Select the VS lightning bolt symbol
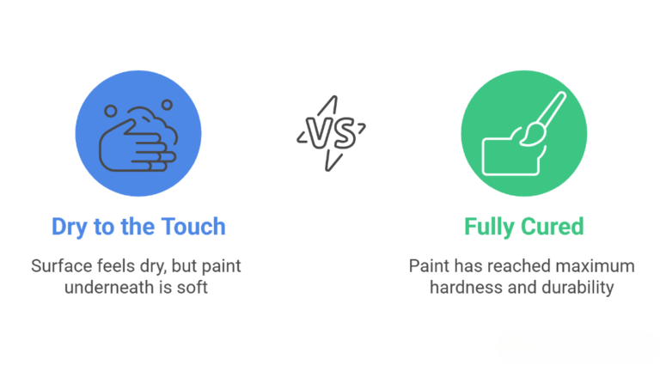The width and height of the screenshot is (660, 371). (x=331, y=133)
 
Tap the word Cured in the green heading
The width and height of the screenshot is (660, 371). (x=555, y=227)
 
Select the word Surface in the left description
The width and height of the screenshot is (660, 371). (x=61, y=266)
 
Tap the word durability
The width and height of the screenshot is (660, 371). (x=577, y=287)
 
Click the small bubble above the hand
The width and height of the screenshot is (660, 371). (x=167, y=105)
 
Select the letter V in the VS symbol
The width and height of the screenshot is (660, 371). (x=319, y=132)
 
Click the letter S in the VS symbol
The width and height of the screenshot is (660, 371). (x=341, y=132)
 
